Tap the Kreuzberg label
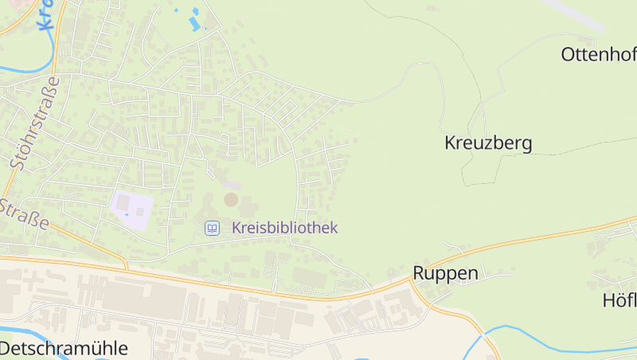[x=487, y=143]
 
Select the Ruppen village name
[x=445, y=273]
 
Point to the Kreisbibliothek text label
[x=284, y=228]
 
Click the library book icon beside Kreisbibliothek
[x=212, y=229]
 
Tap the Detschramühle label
[x=64, y=348]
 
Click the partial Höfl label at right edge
[x=619, y=300]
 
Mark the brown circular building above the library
[x=230, y=199]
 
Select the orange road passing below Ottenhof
[x=557, y=231]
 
